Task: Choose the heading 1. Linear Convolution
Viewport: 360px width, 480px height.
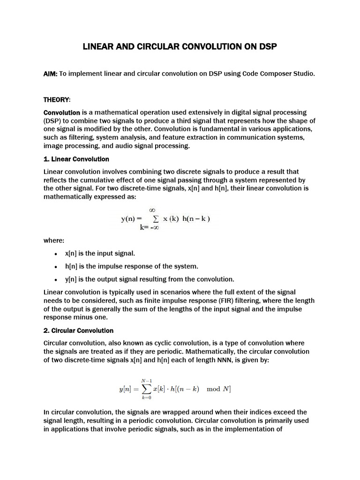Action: click(76, 159)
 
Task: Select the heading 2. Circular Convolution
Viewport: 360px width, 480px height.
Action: click(78, 330)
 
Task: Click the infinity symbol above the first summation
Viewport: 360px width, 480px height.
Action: click(152, 210)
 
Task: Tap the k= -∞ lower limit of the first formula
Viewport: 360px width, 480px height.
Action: click(151, 227)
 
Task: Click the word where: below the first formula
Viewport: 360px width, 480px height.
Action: click(54, 240)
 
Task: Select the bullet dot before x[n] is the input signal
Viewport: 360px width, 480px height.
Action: click(56, 254)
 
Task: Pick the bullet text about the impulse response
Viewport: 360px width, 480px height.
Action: click(132, 266)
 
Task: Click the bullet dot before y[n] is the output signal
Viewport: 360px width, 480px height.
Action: click(56, 279)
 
